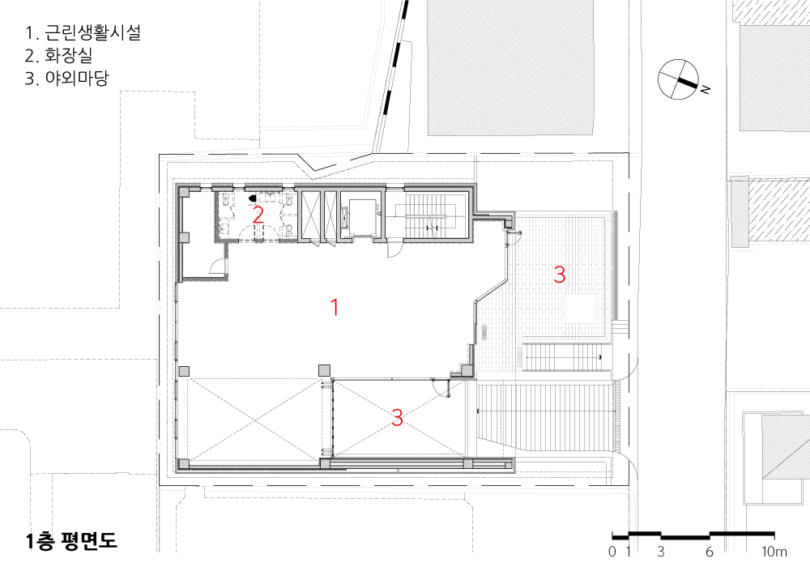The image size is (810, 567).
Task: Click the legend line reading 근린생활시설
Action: [x=92, y=32]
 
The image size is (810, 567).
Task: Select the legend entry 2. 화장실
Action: [x=58, y=55]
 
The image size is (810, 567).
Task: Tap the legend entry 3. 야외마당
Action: [x=66, y=78]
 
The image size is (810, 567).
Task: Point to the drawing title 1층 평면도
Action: [x=72, y=540]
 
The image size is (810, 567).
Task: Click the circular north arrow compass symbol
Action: [x=678, y=79]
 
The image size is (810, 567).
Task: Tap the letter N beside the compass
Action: [x=706, y=89]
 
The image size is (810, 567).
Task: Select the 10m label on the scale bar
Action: [x=774, y=552]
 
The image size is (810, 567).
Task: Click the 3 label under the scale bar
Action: [x=661, y=552]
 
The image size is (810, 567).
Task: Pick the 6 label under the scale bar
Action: [x=710, y=552]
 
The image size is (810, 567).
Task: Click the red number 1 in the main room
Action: [x=335, y=307]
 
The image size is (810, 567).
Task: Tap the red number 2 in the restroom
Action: [x=258, y=215]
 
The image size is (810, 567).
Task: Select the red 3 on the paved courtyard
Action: [x=560, y=275]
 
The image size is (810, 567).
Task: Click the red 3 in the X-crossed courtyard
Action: [x=397, y=417]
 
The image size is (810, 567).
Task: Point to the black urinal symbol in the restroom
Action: [x=253, y=198]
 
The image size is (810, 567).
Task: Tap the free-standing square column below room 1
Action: [x=324, y=371]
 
